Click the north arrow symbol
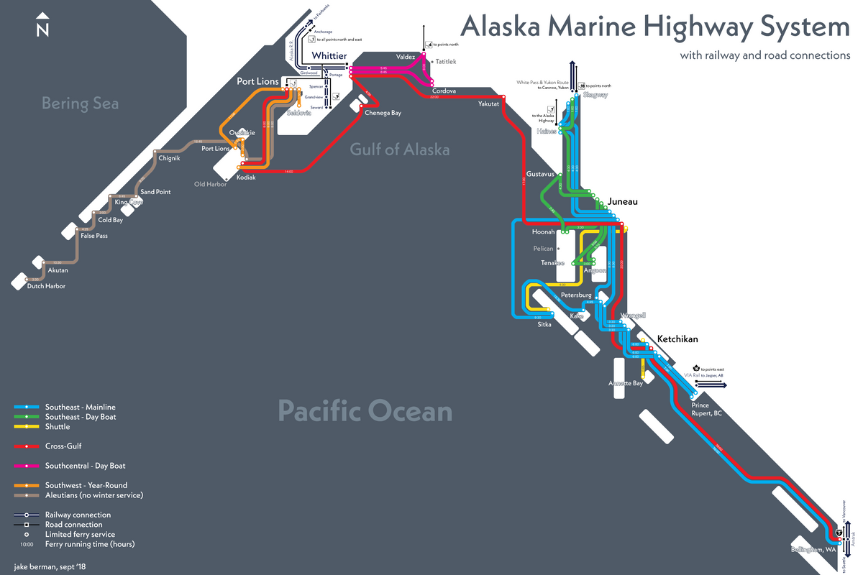coord(42,25)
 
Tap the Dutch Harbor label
coord(46,287)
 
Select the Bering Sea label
coord(80,103)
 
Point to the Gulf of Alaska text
coord(400,149)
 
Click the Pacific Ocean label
coord(365,412)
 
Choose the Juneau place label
coord(623,202)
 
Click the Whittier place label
coord(329,56)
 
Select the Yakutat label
coord(488,104)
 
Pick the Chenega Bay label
coord(383,113)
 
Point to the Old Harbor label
coord(211,185)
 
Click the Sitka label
coord(544,325)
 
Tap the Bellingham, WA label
coord(813,550)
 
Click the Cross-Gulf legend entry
coord(63,446)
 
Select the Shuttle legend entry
coord(58,427)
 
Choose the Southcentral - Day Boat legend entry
coord(81,466)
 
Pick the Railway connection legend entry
coord(78,515)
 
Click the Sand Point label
coord(156,193)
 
